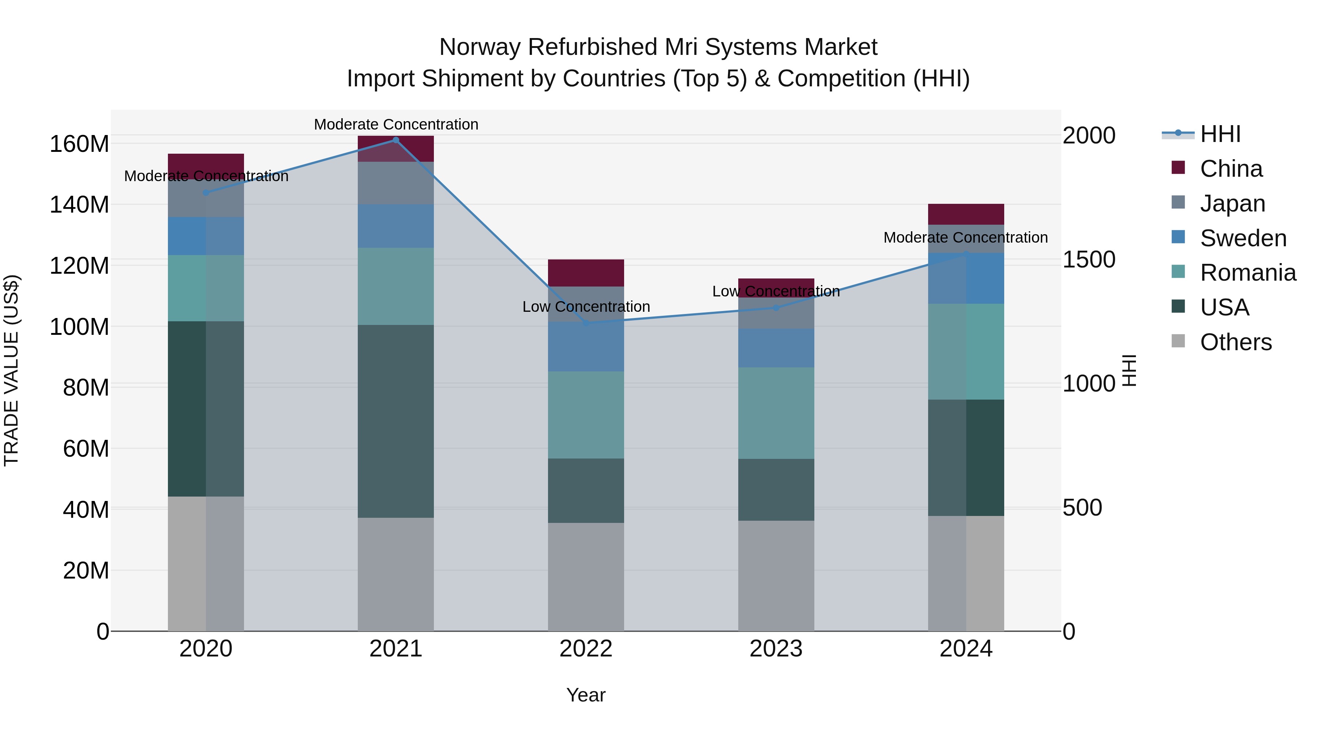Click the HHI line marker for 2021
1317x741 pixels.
pos(396,140)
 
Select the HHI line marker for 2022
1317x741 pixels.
pos(586,323)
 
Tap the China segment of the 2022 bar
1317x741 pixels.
pos(586,273)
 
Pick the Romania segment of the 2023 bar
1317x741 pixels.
pos(776,413)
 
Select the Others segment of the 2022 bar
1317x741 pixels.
pos(586,576)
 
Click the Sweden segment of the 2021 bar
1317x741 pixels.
pos(396,226)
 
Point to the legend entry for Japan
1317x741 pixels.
pos(1232,203)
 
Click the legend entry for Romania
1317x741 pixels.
pos(1247,273)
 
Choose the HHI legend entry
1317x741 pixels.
pos(1220,134)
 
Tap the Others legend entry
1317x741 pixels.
pos(1235,342)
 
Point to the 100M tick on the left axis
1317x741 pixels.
pos(79,327)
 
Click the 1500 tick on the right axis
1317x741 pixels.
pos(1088,260)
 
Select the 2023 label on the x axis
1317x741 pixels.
pos(776,649)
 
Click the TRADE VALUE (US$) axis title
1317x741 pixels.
pos(11,370)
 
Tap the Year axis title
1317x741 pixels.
pos(586,695)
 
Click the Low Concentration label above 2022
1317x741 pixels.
pos(586,307)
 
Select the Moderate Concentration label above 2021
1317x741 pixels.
pos(396,124)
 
